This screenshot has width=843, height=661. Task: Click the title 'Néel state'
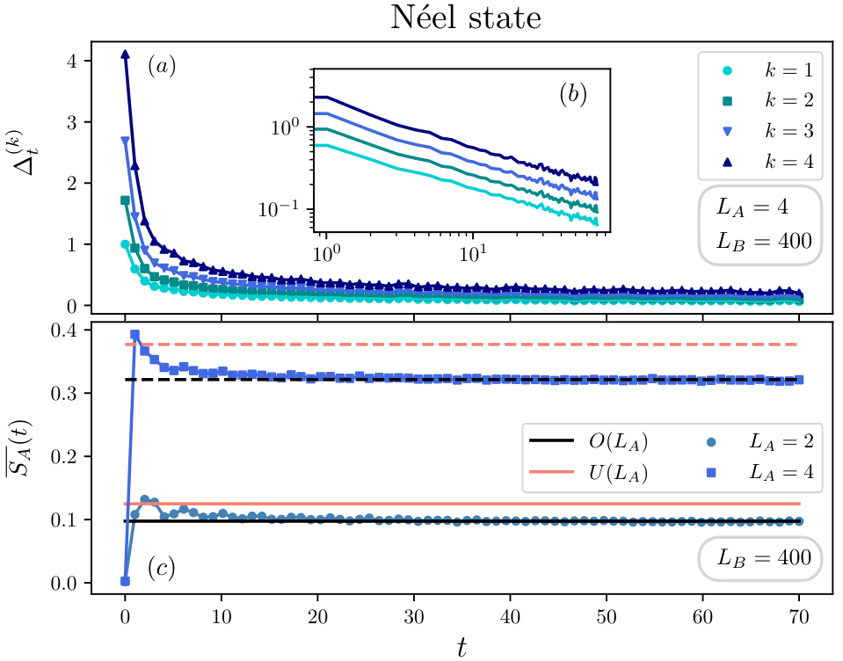coord(466,18)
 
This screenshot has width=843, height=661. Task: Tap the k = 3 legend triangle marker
coord(728,131)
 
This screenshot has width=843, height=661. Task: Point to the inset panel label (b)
coord(573,94)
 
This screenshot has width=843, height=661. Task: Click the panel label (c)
coord(162,568)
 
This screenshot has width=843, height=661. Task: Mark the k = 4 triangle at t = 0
coord(126,54)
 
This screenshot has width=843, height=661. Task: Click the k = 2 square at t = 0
coord(126,200)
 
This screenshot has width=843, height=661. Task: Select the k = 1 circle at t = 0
coord(126,244)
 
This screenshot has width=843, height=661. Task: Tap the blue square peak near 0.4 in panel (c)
coord(135,335)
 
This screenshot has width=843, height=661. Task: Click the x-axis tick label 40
coord(510,616)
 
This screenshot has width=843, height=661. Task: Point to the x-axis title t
coord(461,647)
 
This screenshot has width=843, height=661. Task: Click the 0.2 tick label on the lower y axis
coord(64,457)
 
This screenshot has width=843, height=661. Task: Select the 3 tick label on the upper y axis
coord(72,122)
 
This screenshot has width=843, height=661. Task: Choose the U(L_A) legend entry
coord(589,472)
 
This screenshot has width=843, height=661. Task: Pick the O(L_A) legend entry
coord(589,441)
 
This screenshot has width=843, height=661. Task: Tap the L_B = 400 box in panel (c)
coord(763,558)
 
